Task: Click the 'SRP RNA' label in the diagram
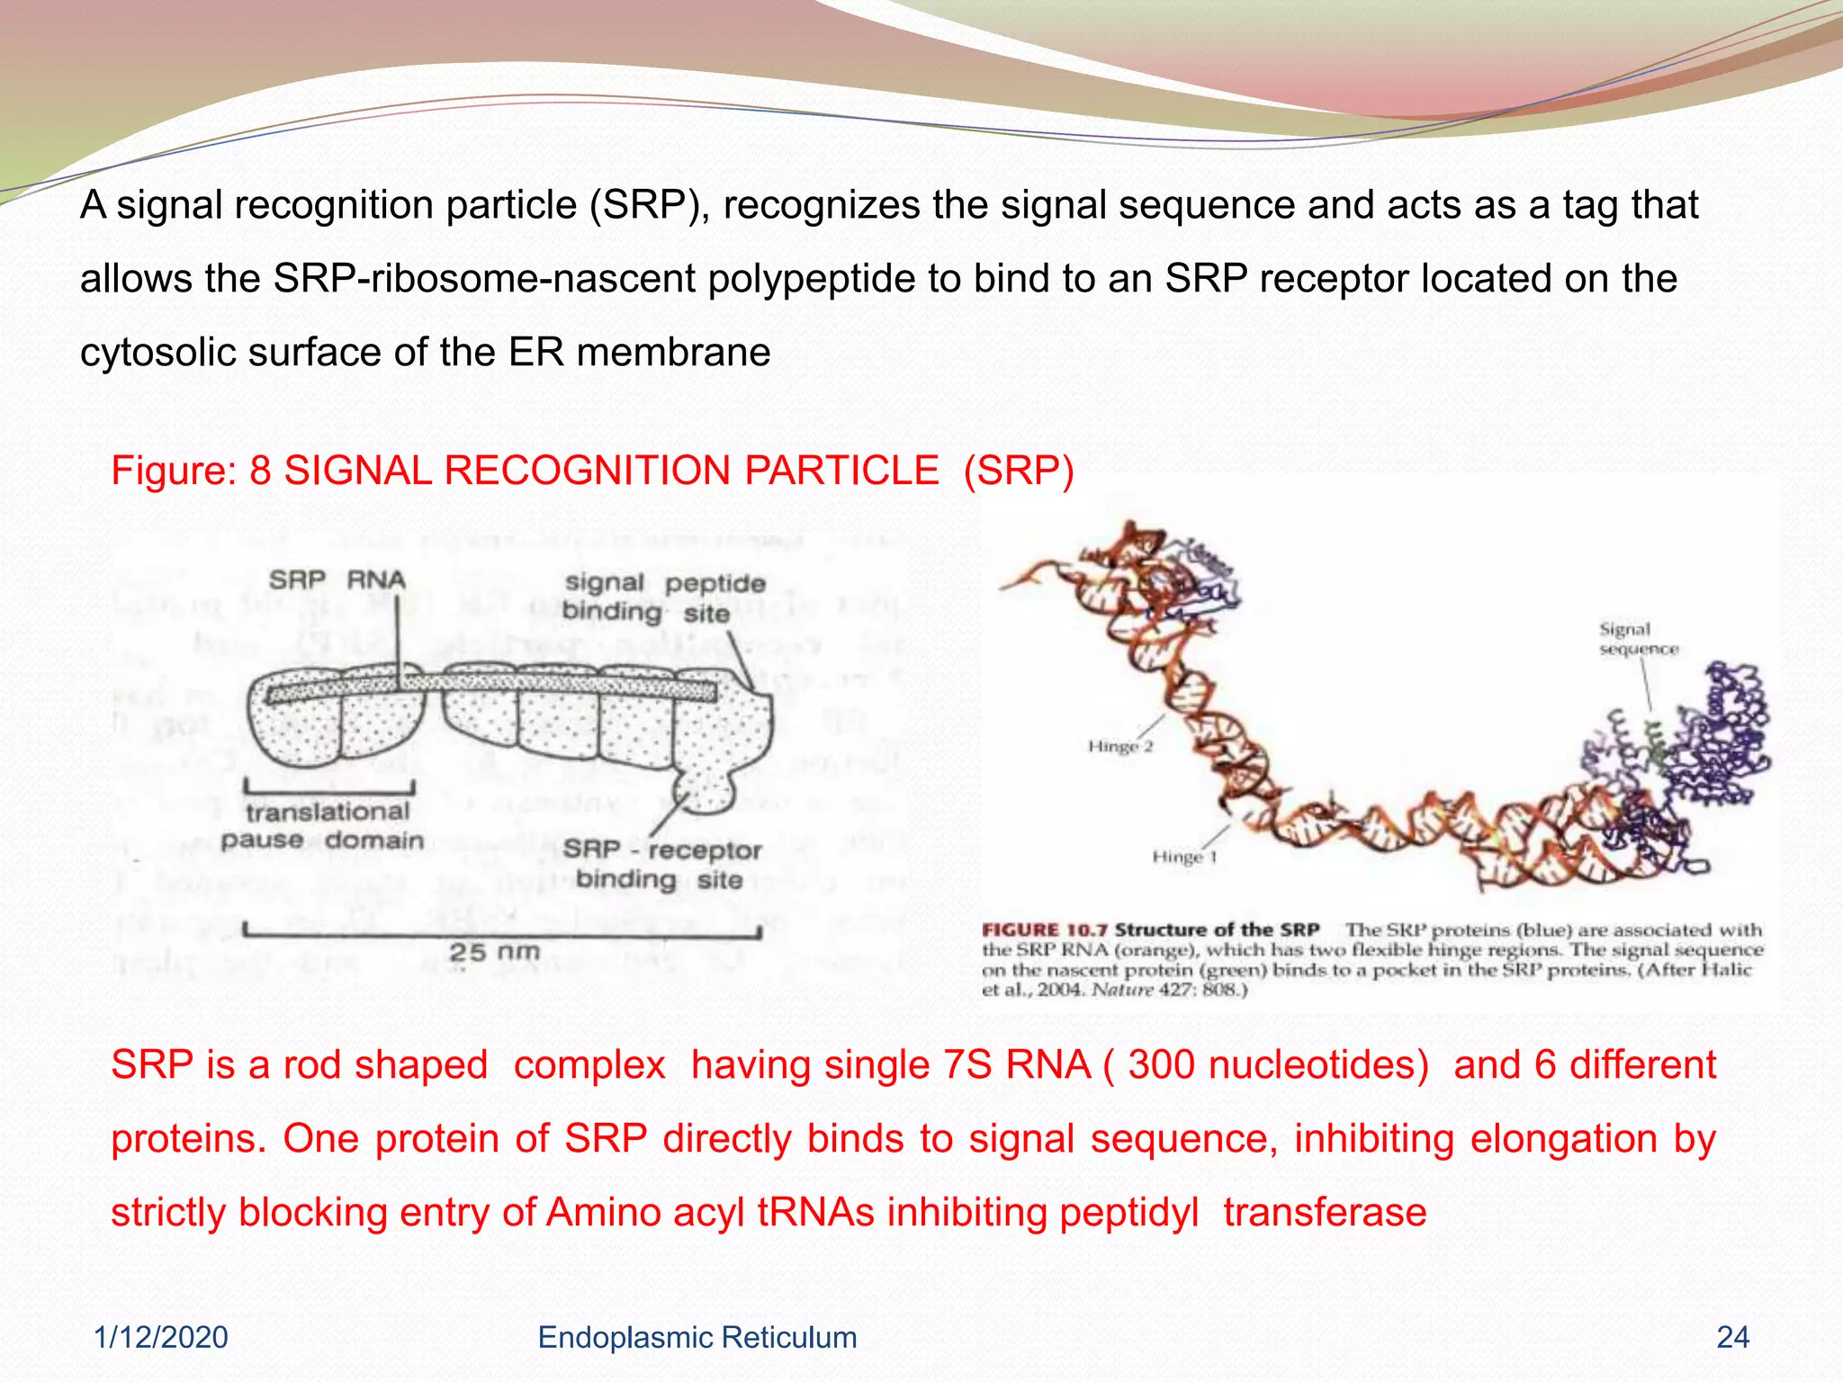pos(337,580)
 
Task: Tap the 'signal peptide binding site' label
pos(662,598)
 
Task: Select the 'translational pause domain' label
pos(323,826)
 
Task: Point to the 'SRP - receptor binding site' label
pos(661,864)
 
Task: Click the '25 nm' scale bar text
pos(494,952)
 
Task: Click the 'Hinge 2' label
pos(1119,746)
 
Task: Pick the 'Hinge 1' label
pos(1184,857)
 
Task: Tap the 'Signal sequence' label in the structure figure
pos(1638,639)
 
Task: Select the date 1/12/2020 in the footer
pos(161,1338)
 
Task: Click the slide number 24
pos(1732,1338)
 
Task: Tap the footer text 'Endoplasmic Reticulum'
pos(697,1338)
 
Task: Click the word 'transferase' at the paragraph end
pos(1325,1213)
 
